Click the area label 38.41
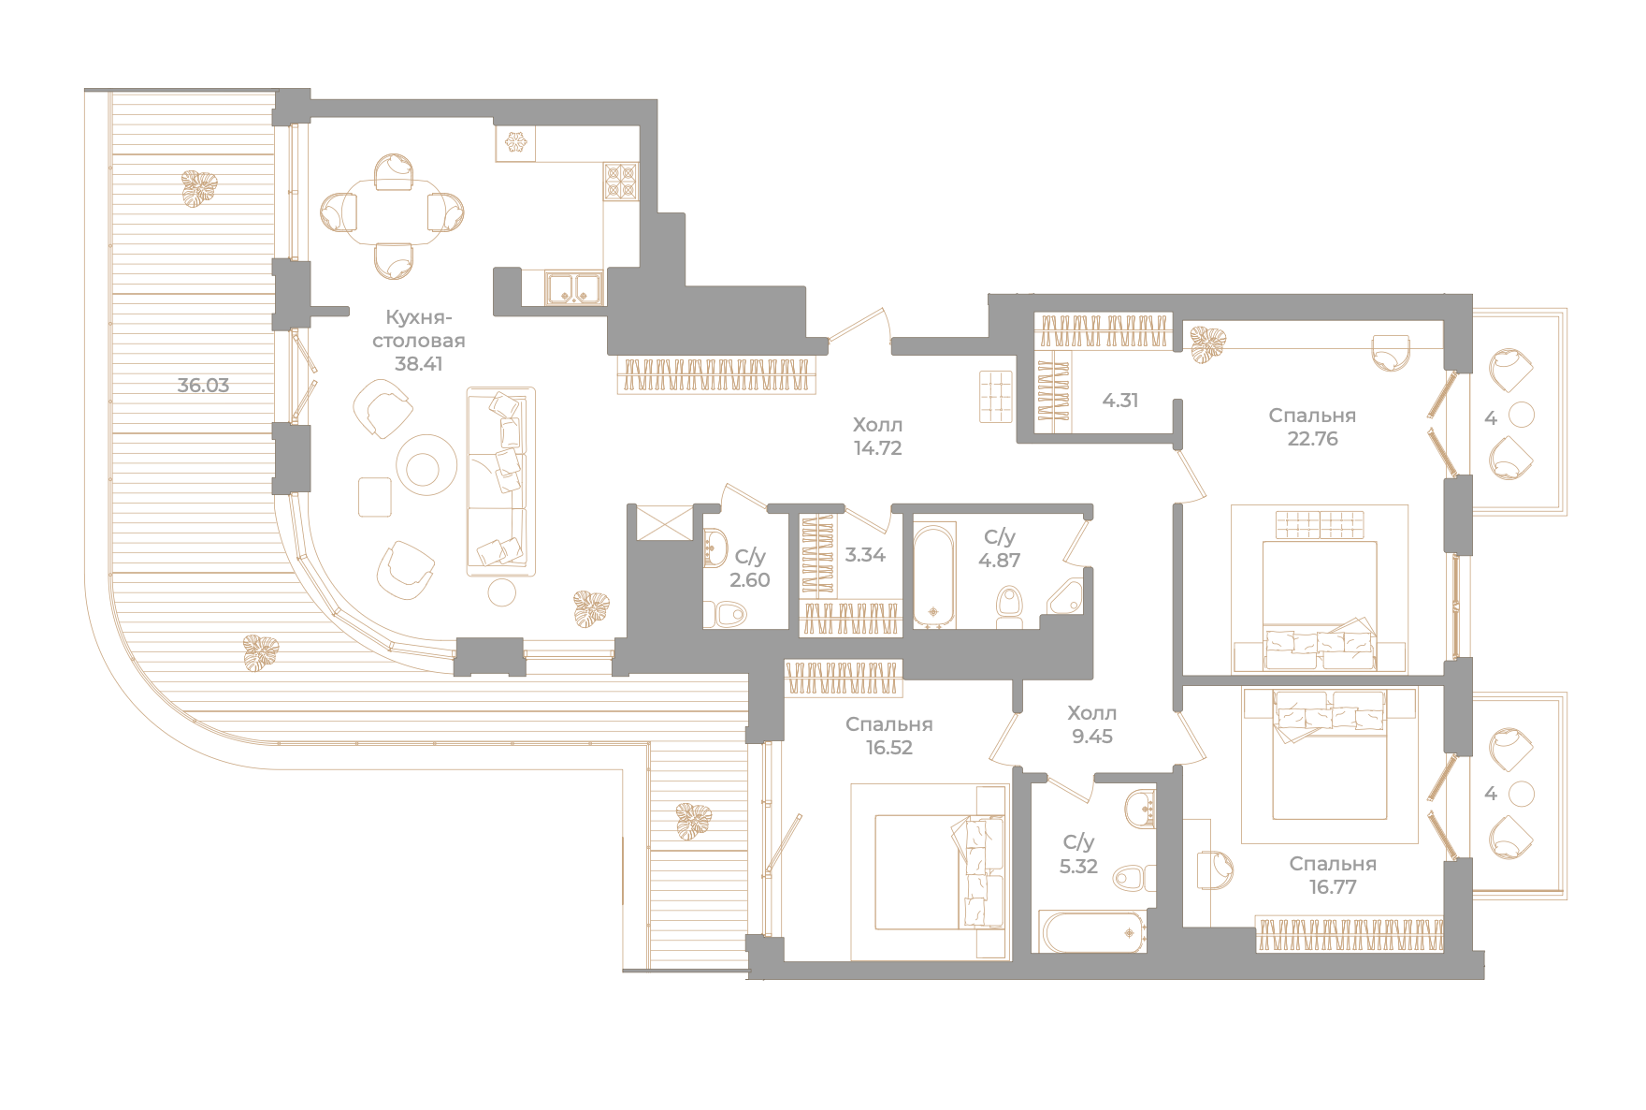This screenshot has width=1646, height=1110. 418,364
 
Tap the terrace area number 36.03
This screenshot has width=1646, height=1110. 203,385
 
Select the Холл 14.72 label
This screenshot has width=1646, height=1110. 877,436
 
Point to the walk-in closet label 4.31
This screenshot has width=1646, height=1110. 1120,401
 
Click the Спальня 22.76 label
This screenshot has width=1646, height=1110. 1312,427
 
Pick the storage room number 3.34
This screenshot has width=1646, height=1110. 865,555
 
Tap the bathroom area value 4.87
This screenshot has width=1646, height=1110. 999,561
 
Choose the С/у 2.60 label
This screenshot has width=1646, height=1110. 750,568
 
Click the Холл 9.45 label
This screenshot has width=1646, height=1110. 1092,724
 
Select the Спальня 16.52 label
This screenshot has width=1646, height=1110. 888,736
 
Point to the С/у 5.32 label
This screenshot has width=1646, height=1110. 1078,854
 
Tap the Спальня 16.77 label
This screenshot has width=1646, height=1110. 1333,875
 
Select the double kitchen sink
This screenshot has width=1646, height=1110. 574,287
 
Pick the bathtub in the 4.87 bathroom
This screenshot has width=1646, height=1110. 934,577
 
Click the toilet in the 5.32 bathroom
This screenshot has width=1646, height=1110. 1133,878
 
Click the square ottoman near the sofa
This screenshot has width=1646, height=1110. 375,497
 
